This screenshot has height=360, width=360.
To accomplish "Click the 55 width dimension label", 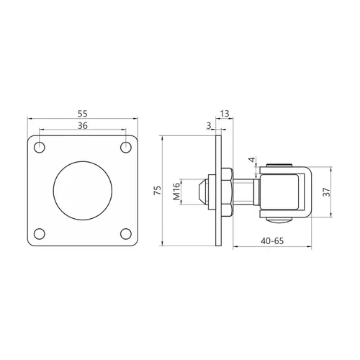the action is (x=83, y=114).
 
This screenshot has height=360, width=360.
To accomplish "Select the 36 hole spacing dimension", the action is (x=83, y=125).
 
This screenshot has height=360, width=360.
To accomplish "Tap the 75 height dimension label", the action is (x=158, y=190).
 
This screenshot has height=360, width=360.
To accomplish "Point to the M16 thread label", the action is (x=176, y=192).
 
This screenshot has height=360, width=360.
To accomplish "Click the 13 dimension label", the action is (x=225, y=114).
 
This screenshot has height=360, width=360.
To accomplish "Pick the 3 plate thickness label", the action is (x=209, y=125).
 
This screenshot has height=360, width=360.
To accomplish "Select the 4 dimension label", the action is (x=251, y=160).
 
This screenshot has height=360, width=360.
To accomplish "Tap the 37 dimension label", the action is (x=327, y=192).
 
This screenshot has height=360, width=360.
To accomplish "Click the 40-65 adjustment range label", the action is (x=272, y=240).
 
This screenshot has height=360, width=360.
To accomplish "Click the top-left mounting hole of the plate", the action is (x=40, y=147).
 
